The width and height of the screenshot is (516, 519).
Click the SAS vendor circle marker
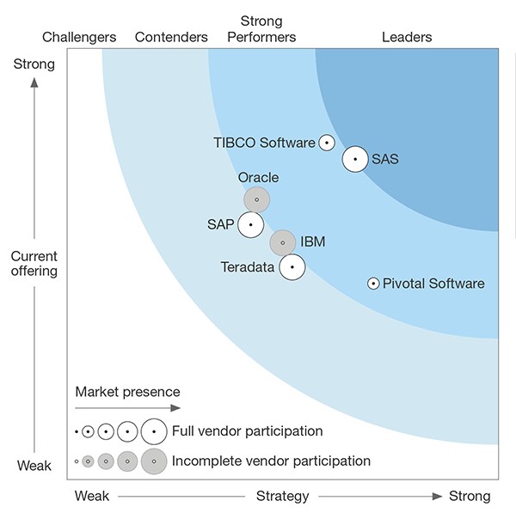pos(355,159)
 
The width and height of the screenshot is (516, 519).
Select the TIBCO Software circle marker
pos(326,143)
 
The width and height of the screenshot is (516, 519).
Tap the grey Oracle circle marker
pos(256,199)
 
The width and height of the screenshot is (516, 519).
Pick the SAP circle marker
pos(250,225)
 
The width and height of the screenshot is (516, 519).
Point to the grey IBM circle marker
pos(282,242)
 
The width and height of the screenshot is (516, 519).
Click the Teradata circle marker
pos(292,267)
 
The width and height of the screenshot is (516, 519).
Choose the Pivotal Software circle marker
pos(373,284)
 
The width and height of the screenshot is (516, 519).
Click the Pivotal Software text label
pos(433,284)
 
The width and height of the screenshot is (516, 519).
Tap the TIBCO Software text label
pos(264,143)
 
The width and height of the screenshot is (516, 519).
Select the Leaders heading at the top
pos(407,37)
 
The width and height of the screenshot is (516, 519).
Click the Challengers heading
pos(79,37)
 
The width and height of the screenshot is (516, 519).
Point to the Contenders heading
pos(171,37)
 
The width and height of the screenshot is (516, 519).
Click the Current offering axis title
pos(34,264)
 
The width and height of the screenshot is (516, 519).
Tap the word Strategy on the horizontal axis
pos(282,496)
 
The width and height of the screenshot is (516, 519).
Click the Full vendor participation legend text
pos(248,430)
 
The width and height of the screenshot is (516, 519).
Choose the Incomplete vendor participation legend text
pos(271,461)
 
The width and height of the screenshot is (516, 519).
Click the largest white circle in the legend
pos(154,430)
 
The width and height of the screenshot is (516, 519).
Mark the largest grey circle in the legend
pos(154,461)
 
